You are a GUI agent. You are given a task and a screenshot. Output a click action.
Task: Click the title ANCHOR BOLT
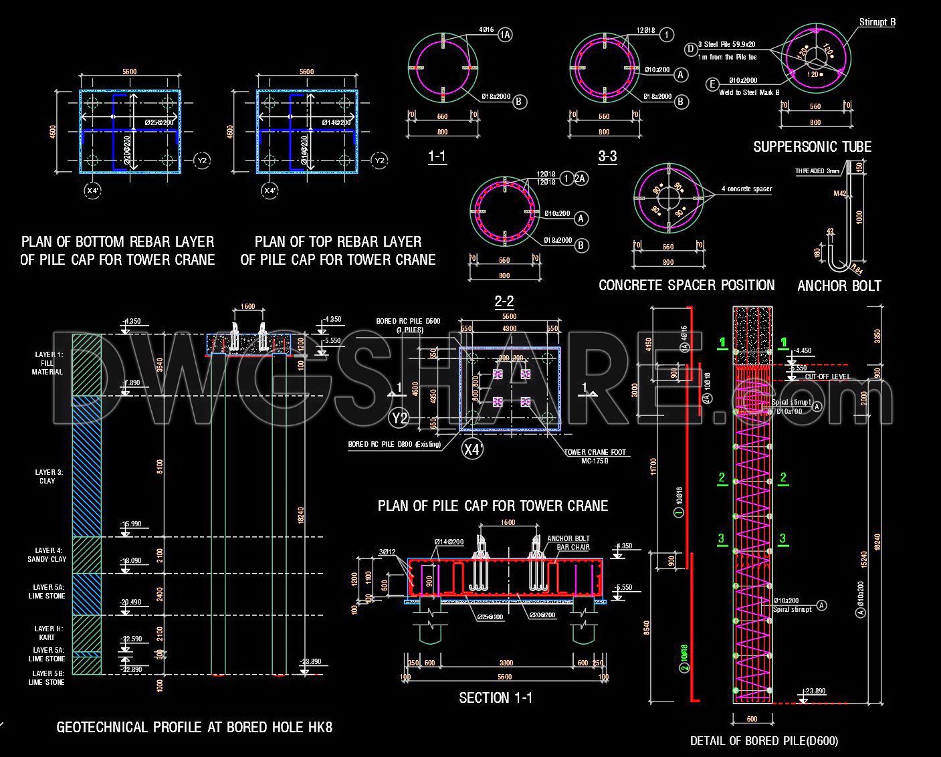coord(839,286)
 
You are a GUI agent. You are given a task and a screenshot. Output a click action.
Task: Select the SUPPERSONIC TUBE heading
coord(812,147)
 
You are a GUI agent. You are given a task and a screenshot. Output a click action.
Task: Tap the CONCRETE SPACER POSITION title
coord(686,286)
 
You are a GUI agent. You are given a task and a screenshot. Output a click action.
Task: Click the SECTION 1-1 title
coord(496,698)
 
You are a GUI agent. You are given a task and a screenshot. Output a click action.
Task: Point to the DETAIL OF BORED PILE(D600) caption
coord(764,740)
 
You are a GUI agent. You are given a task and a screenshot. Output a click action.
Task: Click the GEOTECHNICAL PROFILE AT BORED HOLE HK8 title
coord(194,727)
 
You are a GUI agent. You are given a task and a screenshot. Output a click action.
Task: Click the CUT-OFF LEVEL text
coord(827,376)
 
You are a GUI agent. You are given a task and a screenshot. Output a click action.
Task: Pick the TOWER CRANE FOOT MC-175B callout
coord(595,456)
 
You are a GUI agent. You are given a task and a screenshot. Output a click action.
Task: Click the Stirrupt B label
coord(877,22)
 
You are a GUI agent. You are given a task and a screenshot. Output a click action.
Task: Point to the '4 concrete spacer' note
coord(746,189)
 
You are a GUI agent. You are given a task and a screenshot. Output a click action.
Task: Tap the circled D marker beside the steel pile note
coord(691,49)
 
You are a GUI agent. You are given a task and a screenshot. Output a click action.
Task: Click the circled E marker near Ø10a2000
coord(712,84)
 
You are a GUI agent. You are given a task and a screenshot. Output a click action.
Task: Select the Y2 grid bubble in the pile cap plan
coord(399,419)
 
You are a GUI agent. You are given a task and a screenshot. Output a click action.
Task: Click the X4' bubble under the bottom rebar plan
coord(93,191)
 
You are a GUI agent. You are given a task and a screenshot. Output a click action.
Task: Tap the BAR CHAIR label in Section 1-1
coord(573,547)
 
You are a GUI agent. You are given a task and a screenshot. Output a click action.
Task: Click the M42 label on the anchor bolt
coord(840,193)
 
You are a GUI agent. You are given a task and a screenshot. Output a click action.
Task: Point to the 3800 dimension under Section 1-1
coord(506,663)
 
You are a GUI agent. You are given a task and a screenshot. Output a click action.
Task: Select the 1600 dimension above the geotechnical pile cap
coord(247,306)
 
